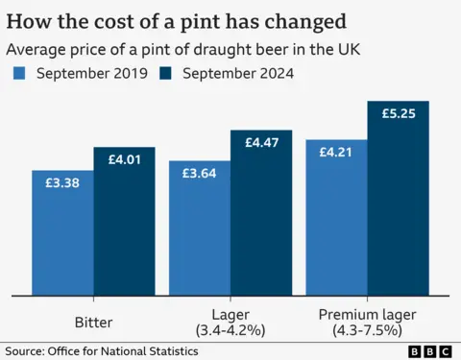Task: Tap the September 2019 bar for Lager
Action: [x=200, y=235]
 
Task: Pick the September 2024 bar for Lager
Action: [x=261, y=221]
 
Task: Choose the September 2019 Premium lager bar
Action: [x=337, y=226]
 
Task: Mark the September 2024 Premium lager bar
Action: [x=399, y=206]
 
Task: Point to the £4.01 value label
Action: [x=124, y=158]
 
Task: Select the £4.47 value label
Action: [x=261, y=143]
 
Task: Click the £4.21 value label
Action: [x=337, y=151]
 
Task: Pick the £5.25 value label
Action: [x=399, y=113]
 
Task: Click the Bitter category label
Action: [x=93, y=321]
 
